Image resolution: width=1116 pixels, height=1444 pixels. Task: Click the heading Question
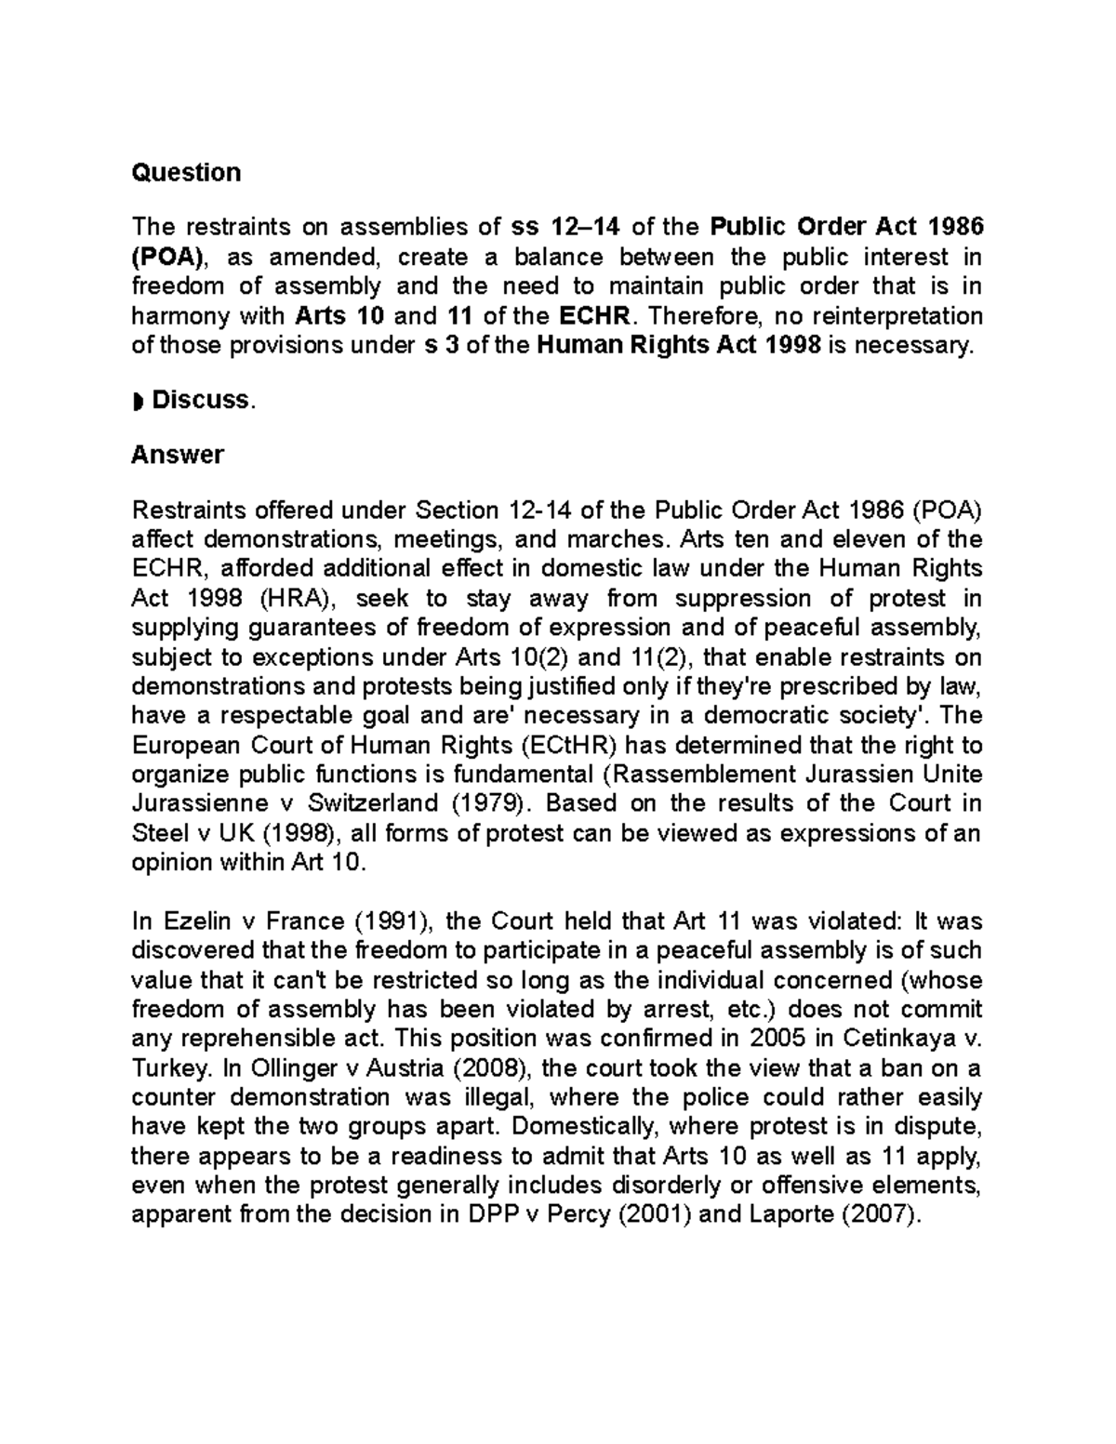[x=186, y=173]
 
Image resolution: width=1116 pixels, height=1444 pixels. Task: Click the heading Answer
[x=178, y=455]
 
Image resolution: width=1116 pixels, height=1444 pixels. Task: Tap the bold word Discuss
[x=201, y=400]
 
